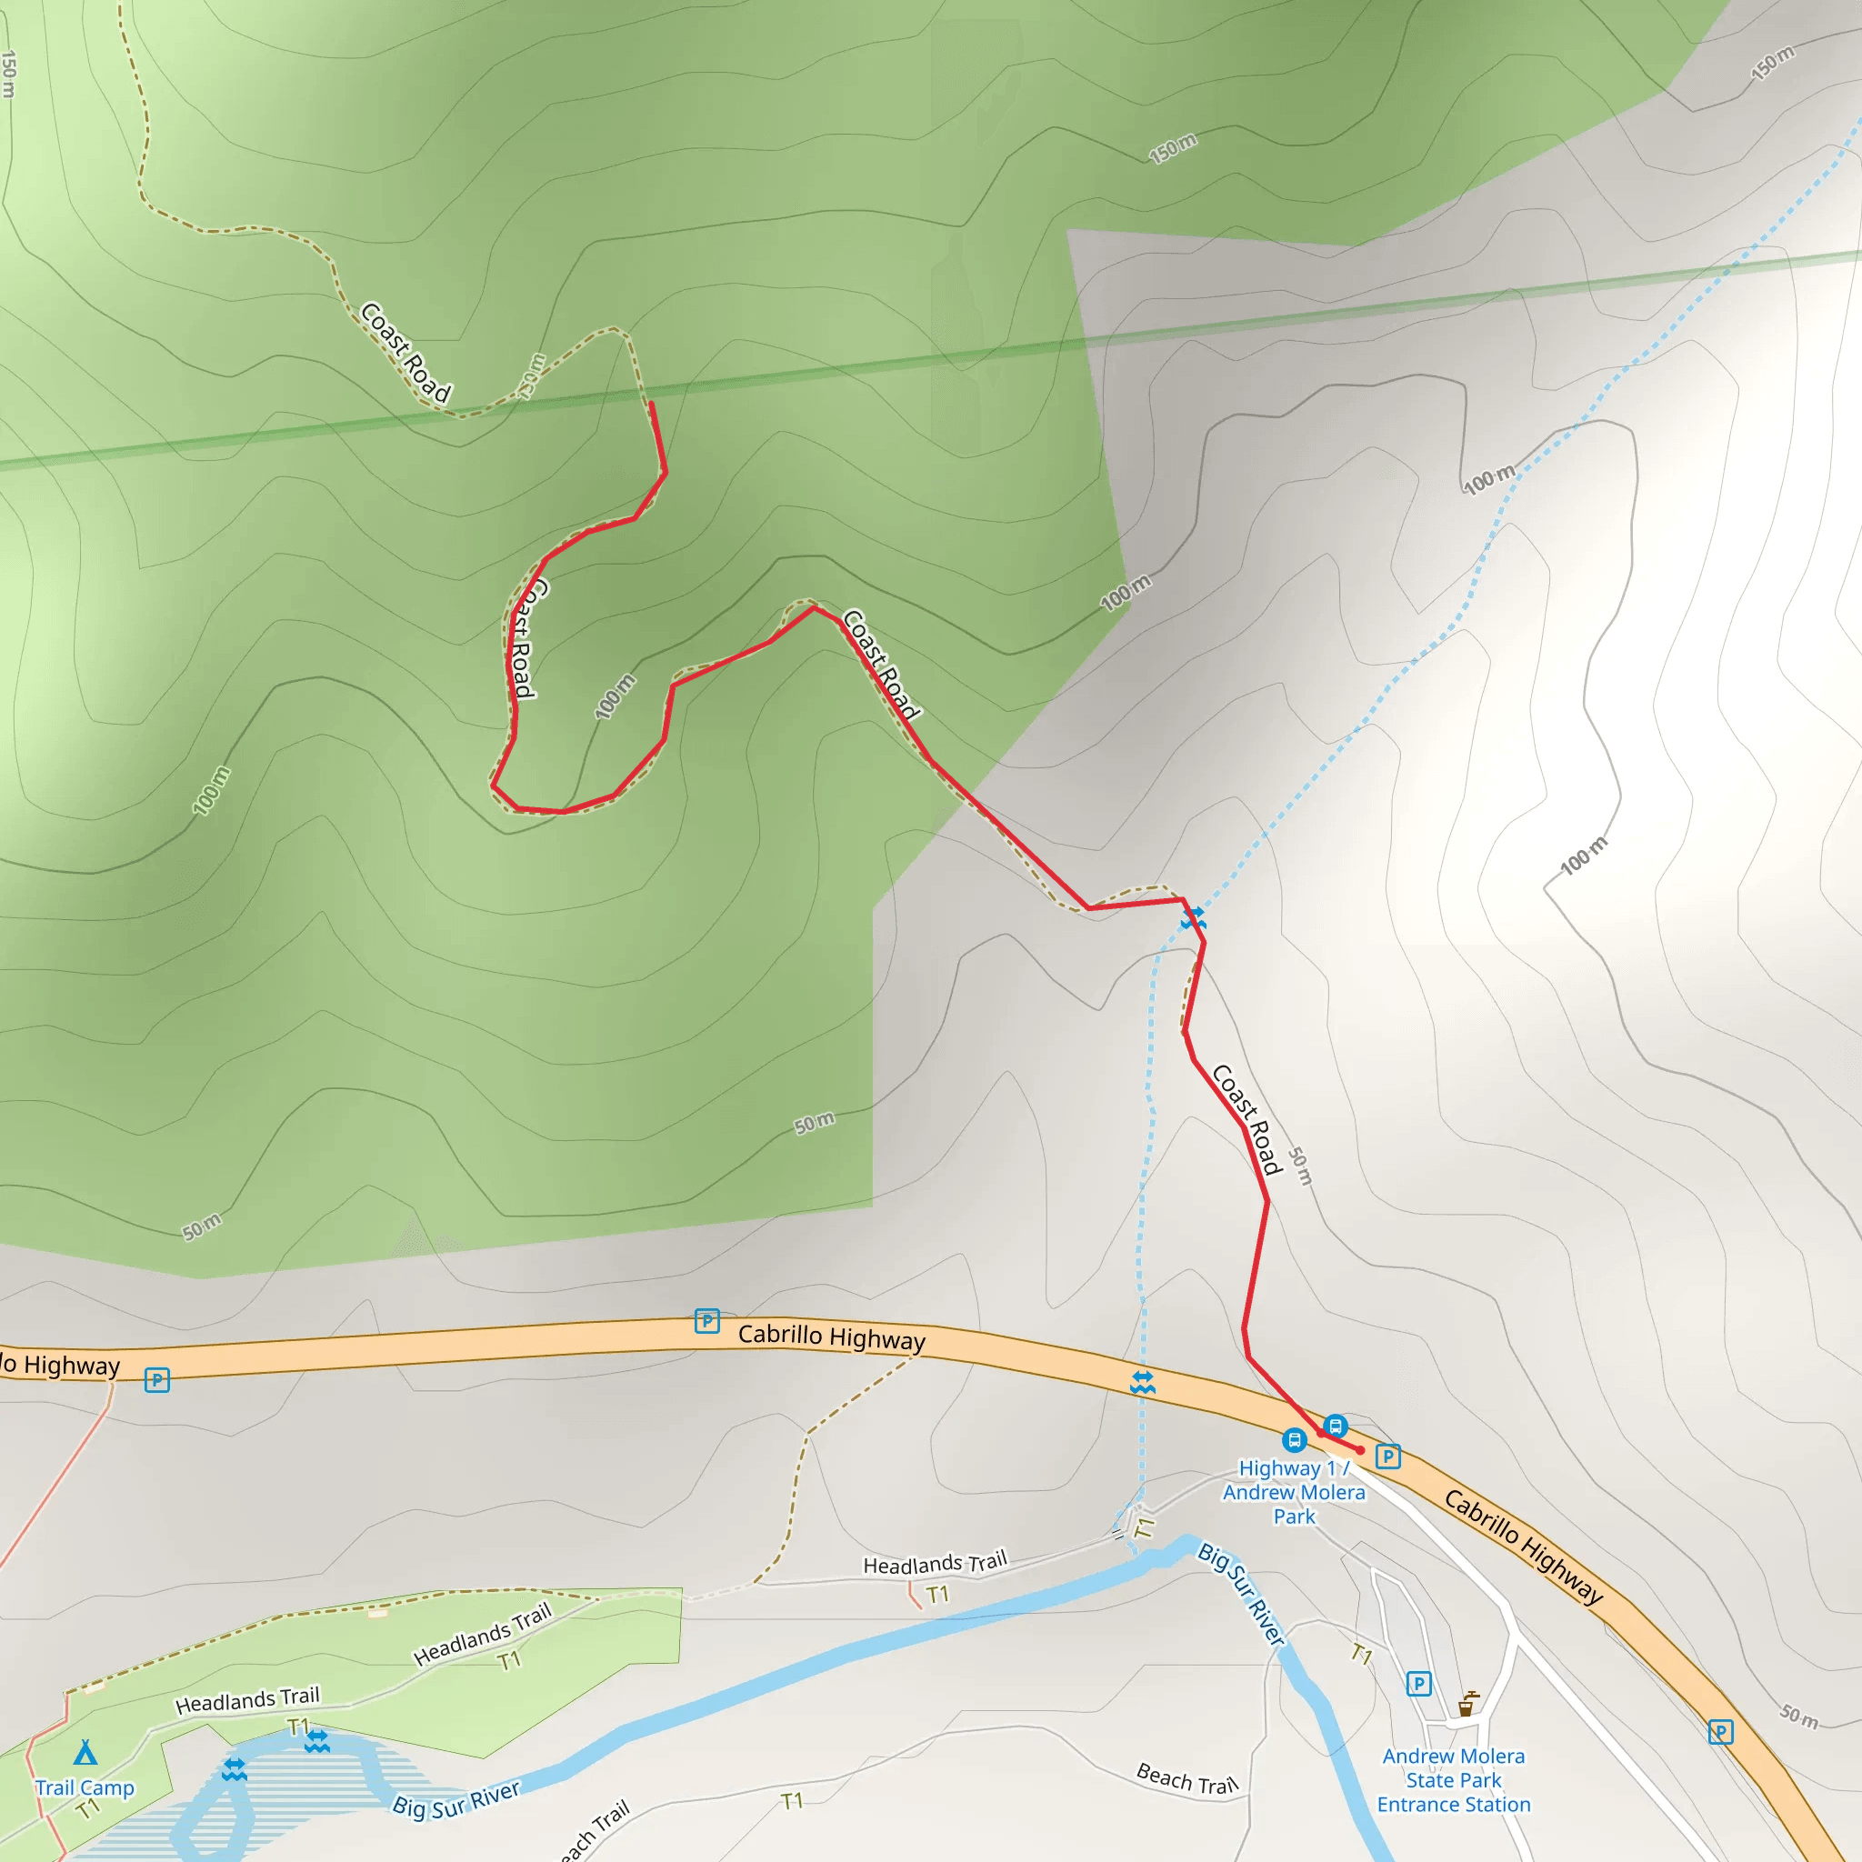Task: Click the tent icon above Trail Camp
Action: coord(85,1751)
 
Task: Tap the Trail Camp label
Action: coord(85,1787)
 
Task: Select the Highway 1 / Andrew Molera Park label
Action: coord(1294,1492)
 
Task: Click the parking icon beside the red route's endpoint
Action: coord(1386,1457)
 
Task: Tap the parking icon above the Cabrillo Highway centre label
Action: coord(706,1320)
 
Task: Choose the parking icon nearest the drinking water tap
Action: coord(1417,1684)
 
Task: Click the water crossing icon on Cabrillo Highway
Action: coord(1142,1382)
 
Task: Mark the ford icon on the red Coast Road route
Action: coord(1193,916)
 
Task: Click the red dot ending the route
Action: coord(1360,1449)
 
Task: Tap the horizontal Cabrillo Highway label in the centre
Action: coord(831,1337)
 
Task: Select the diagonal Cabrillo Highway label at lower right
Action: coord(1523,1546)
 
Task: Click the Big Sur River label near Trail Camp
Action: coord(455,1799)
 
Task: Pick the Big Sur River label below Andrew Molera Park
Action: coord(1241,1593)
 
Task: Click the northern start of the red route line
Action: coord(652,405)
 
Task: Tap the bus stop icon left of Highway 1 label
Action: coord(1295,1440)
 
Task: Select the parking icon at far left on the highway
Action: coord(157,1379)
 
